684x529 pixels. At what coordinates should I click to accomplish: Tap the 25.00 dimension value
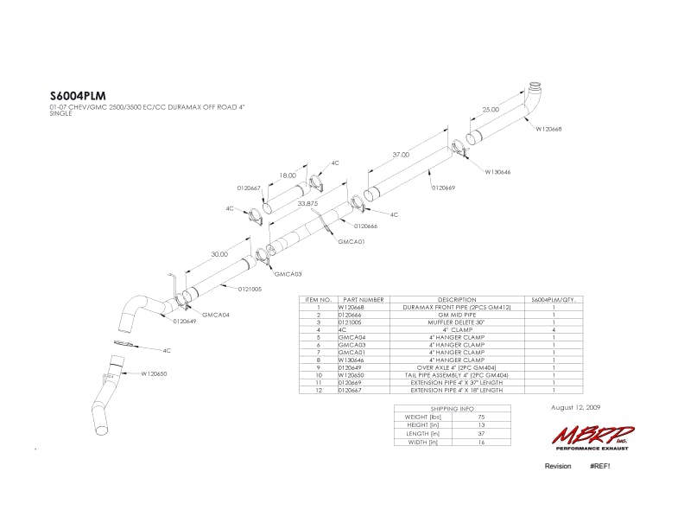[x=491, y=110]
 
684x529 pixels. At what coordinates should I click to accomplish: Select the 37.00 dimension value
[x=401, y=155]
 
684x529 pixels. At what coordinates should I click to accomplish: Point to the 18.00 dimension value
[x=288, y=175]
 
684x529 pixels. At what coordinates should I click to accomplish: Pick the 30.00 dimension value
[x=219, y=254]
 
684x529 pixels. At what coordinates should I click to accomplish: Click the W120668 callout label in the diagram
[x=548, y=129]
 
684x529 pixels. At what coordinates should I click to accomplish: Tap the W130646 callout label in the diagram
[x=497, y=171]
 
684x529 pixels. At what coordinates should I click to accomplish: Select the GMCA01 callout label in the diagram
[x=351, y=242]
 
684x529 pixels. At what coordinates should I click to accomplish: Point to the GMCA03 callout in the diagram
[x=288, y=274]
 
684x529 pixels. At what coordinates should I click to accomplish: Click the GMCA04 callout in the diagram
[x=215, y=315]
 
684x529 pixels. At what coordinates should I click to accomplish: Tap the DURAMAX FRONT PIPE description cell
[x=446, y=306]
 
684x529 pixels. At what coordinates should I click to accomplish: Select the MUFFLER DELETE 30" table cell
[x=446, y=322]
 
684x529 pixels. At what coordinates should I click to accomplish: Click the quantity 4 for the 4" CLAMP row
[x=553, y=329]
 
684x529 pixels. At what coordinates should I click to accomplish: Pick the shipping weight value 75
[x=480, y=417]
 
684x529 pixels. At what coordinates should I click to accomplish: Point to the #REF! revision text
[x=601, y=466]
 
